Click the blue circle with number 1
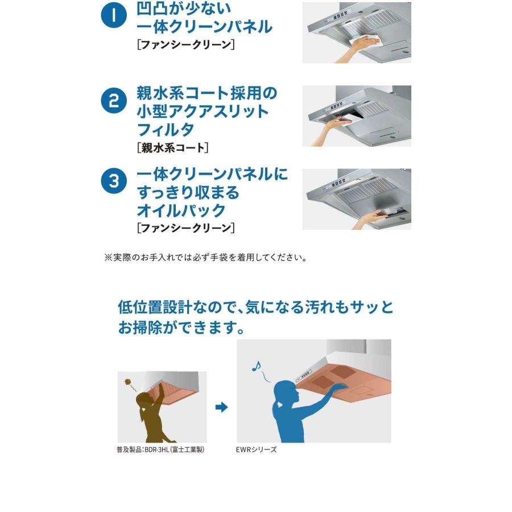114,15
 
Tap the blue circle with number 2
114,100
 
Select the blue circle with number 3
114,180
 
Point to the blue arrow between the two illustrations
221,407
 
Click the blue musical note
257,366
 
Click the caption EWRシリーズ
256,449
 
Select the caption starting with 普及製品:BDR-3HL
160,449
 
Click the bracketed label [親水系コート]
173,147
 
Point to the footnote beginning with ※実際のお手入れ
206,258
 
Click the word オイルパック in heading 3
181,210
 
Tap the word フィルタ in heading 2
166,130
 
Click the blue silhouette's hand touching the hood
340,387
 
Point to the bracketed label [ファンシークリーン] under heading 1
186,44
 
